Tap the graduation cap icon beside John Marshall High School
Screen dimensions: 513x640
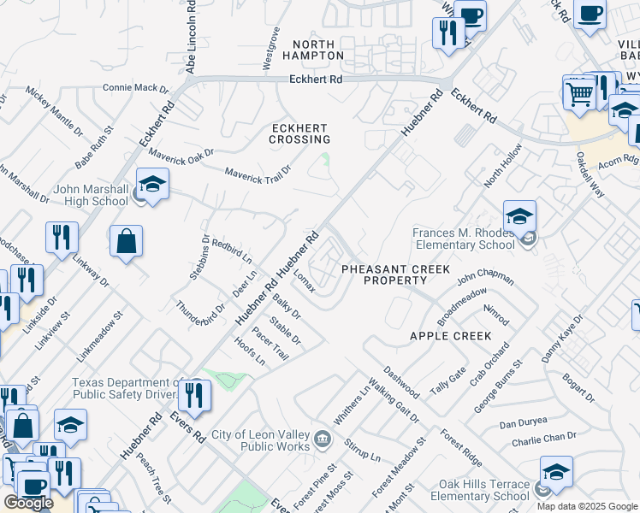tap(152, 186)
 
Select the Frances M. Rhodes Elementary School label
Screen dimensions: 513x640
tap(467, 239)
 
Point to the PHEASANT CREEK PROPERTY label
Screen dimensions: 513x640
tap(395, 274)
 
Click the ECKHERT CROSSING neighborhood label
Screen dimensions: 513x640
tap(300, 133)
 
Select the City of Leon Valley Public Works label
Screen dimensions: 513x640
tap(261, 440)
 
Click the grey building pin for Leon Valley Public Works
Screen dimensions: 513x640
tap(323, 440)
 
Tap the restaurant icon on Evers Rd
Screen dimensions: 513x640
tap(197, 396)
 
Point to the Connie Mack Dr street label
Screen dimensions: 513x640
tap(136, 87)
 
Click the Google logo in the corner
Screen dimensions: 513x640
tap(28, 503)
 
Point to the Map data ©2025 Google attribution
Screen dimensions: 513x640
tap(586, 506)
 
